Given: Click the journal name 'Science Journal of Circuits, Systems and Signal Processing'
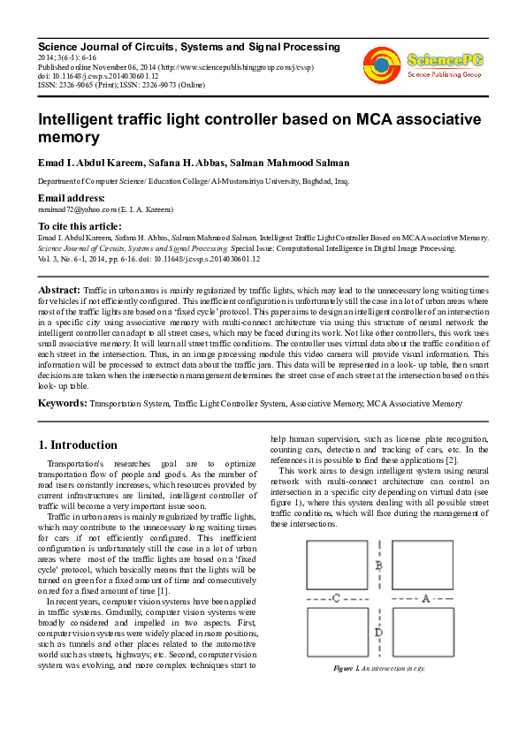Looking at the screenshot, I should [x=188, y=46].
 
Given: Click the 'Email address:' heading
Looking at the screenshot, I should [x=71, y=198].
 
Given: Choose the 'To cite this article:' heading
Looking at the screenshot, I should [x=80, y=226].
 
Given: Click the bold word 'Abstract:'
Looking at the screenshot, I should [x=58, y=290].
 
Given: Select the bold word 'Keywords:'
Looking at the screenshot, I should [x=61, y=403].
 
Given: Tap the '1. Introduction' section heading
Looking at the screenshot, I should [x=79, y=444].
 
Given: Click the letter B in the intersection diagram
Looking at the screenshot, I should [x=378, y=566].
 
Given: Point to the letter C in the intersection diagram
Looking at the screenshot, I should [x=336, y=599].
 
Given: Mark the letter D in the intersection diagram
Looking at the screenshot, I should [x=378, y=632].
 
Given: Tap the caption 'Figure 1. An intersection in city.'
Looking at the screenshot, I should [x=378, y=668].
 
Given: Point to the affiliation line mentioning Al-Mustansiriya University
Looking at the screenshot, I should [x=193, y=181].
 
